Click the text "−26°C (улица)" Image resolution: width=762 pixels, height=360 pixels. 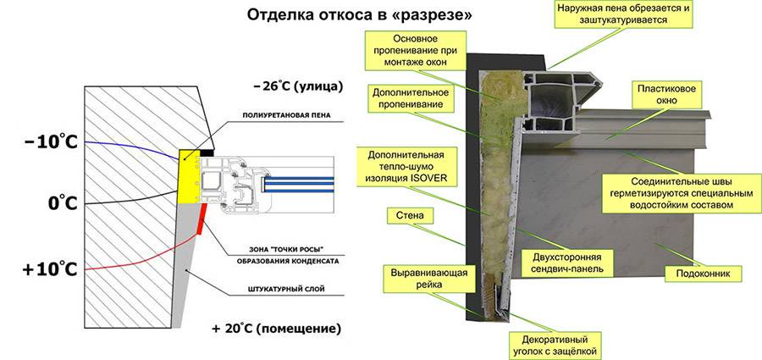[x=295, y=86]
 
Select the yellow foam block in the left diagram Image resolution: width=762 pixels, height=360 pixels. [x=190, y=178]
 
